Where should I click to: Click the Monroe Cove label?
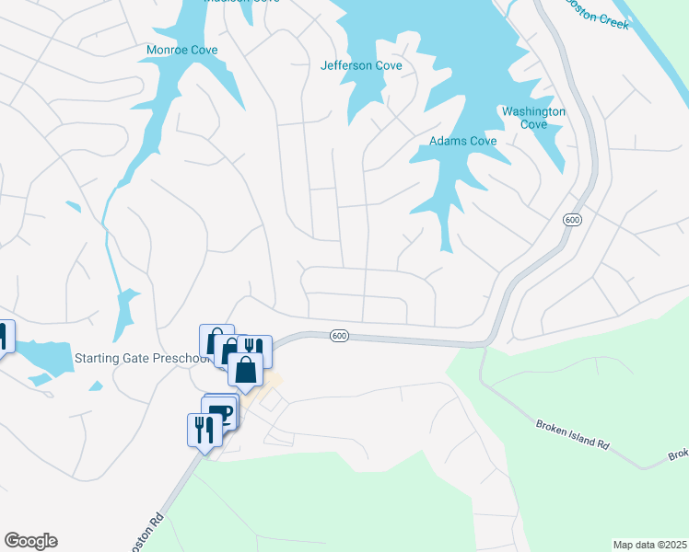click(182, 50)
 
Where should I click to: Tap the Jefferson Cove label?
click(361, 65)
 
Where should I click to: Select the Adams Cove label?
click(463, 141)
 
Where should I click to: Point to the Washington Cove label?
click(533, 118)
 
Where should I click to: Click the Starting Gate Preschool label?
click(139, 358)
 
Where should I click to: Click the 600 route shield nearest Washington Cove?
click(571, 220)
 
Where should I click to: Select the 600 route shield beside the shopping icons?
click(339, 336)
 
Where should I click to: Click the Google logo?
click(30, 540)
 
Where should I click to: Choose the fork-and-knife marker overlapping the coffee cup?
click(204, 429)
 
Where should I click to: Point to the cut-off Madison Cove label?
click(241, 3)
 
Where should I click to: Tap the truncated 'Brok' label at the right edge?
click(678, 454)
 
